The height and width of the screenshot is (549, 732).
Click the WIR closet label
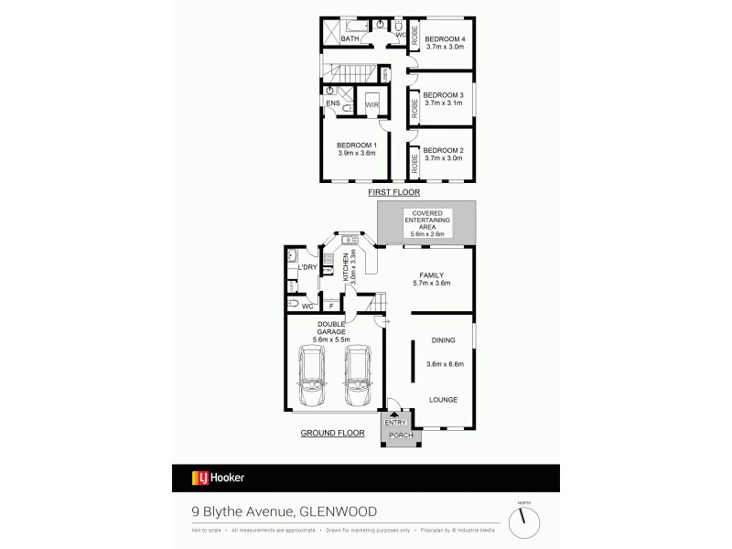point(371,105)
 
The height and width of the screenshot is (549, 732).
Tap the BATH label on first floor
point(350,39)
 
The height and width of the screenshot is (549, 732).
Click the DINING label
point(444,339)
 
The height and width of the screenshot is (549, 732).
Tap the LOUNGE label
point(443,400)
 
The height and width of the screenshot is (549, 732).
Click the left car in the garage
point(315,376)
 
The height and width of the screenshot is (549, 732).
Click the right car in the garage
point(358,376)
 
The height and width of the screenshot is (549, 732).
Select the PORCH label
point(402,435)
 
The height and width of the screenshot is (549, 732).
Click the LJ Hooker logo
point(217,477)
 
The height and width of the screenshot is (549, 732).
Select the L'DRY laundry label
point(307,267)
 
